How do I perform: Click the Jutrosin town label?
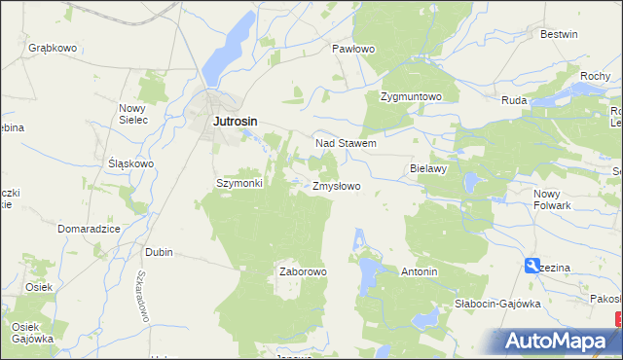point(237,121)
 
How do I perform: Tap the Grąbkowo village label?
point(53,47)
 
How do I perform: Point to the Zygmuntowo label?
point(411,97)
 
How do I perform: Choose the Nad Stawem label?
point(346,143)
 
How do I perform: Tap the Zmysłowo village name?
point(337,185)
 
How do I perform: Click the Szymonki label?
point(239,183)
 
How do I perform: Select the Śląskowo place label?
point(130,163)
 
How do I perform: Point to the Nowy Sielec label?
point(132,114)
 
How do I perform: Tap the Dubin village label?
point(159,252)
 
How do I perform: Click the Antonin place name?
point(420,272)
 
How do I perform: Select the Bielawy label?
point(428,168)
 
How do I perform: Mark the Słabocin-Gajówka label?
point(497,304)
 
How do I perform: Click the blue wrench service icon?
point(531,265)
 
